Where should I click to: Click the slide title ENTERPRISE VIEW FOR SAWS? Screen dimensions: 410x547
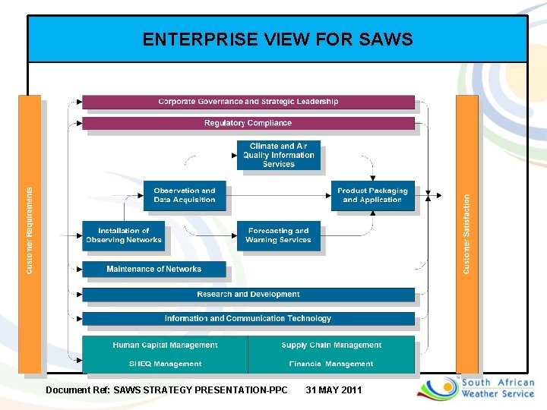(277, 39)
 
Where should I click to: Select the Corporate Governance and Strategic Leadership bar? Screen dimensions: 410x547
(248, 102)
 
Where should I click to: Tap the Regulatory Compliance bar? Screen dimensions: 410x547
(248, 123)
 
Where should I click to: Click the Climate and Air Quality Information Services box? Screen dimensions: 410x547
(278, 155)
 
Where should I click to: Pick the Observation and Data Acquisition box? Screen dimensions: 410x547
(185, 195)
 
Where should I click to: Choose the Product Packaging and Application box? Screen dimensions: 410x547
(372, 195)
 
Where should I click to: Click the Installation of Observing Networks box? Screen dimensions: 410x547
(123, 235)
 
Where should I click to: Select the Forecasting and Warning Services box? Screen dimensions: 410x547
(278, 235)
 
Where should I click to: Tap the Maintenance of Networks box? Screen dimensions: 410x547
(153, 269)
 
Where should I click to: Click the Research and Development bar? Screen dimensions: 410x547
(248, 295)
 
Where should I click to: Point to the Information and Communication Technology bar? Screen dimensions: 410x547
(248, 319)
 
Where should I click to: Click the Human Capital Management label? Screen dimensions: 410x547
(165, 345)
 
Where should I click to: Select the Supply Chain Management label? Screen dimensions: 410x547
(331, 345)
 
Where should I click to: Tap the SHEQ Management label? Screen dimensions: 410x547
(165, 364)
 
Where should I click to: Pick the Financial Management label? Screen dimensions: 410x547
(331, 364)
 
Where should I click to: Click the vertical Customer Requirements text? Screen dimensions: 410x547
(30, 231)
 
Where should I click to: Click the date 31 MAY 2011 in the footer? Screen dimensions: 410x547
(334, 390)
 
